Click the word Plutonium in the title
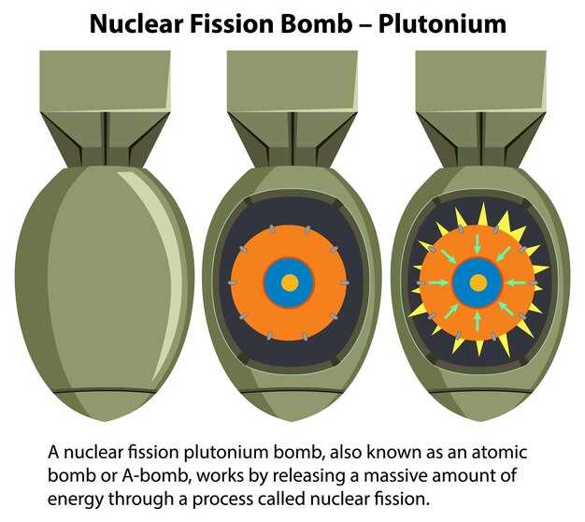coord(442,24)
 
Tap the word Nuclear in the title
coord(136,24)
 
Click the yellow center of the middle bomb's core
coord(290,283)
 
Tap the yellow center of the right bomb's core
coord(478,283)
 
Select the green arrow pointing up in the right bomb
coord(478,321)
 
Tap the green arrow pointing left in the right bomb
coord(518,283)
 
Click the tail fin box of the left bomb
coord(106,80)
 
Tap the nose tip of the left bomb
coord(105,421)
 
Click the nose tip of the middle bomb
coord(292,421)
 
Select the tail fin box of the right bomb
coord(480,80)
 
